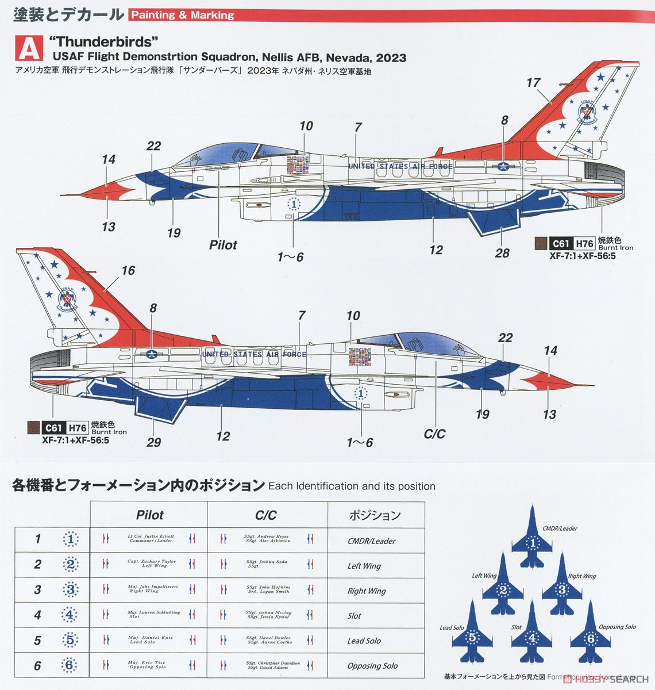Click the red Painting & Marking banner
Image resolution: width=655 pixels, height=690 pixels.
(183, 14)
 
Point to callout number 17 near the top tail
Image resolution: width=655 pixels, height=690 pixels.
(533, 83)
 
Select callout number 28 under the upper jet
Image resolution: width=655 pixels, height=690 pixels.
(502, 252)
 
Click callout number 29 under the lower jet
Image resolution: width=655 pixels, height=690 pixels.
(153, 442)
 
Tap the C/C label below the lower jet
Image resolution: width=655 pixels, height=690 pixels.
(434, 434)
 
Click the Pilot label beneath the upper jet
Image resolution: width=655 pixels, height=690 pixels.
(223, 245)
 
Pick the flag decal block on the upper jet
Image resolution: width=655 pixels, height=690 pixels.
(297, 164)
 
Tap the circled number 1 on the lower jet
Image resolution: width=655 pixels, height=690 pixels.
(361, 394)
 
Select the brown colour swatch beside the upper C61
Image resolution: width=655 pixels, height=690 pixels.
(540, 243)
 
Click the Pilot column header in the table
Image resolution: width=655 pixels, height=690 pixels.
(149, 515)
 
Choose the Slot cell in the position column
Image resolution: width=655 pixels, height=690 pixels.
(355, 616)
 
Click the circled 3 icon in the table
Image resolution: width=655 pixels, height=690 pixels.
(70, 589)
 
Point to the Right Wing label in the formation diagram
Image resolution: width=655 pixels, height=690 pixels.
(582, 576)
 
